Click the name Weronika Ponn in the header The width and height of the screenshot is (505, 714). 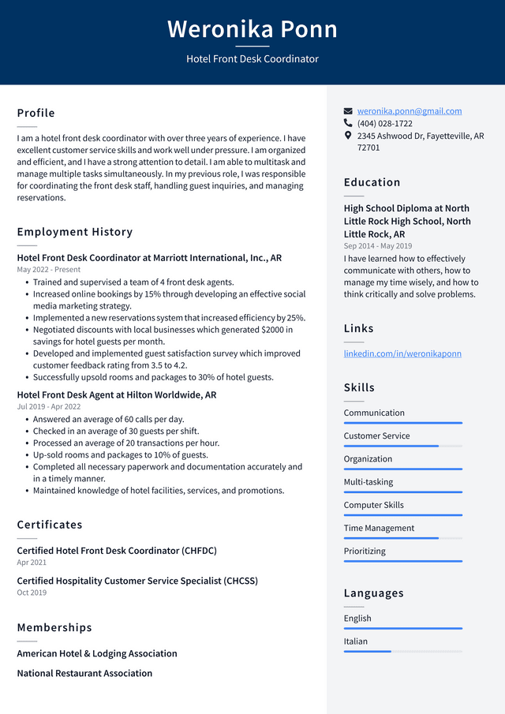pyautogui.click(x=252, y=29)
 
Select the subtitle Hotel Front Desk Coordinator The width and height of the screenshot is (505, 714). pyautogui.click(x=252, y=59)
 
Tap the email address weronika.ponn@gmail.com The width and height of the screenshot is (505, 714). pyautogui.click(x=409, y=111)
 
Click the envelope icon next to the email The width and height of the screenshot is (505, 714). pyautogui.click(x=348, y=111)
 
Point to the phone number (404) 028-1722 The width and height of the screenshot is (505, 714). pyautogui.click(x=384, y=124)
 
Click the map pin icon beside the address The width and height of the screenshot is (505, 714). pyautogui.click(x=348, y=136)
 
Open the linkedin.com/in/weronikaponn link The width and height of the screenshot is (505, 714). pyautogui.click(x=402, y=353)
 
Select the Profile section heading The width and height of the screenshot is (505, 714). pyautogui.click(x=36, y=113)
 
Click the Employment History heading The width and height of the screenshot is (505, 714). pyautogui.click(x=75, y=232)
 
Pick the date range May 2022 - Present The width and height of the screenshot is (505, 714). pyautogui.click(x=49, y=270)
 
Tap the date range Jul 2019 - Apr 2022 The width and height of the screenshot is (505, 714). pyautogui.click(x=49, y=407)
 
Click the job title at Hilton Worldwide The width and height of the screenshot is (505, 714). pyautogui.click(x=117, y=395)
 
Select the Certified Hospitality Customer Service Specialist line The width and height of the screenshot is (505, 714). pyautogui.click(x=137, y=581)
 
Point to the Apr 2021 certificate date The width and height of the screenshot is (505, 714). pyautogui.click(x=32, y=563)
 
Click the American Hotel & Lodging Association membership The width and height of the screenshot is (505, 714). pyautogui.click(x=97, y=653)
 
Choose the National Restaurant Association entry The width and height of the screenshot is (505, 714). pyautogui.click(x=84, y=673)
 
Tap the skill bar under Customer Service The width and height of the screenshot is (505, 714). pyautogui.click(x=402, y=446)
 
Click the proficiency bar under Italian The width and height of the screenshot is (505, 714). pyautogui.click(x=402, y=652)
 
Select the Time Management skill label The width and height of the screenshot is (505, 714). pyautogui.click(x=379, y=529)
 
